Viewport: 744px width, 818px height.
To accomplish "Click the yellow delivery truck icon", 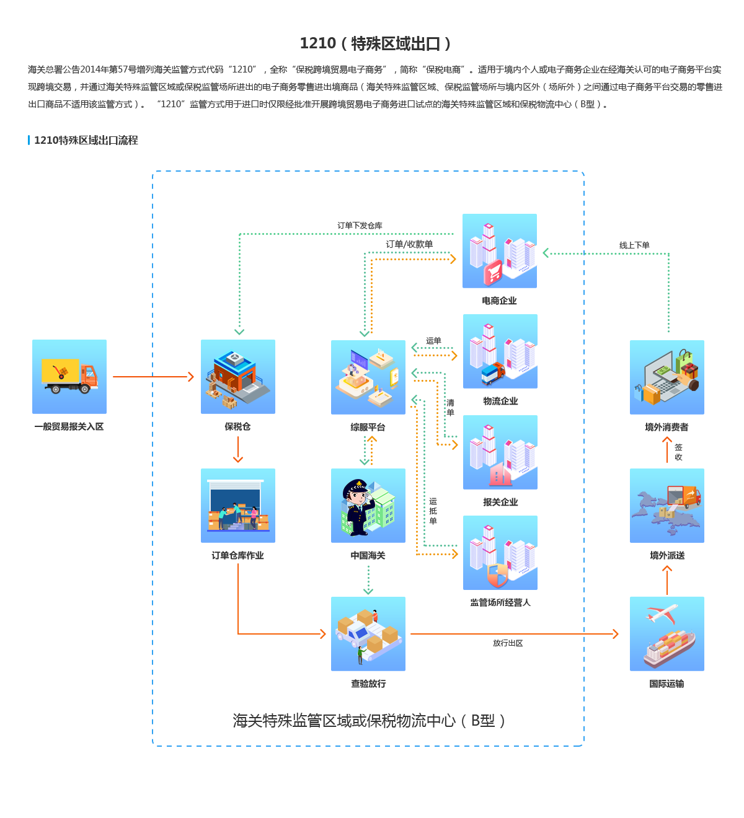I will point(69,376).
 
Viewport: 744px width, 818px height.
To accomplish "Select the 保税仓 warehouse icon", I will point(238,376).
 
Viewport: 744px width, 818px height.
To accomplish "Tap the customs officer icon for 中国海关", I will point(368,506).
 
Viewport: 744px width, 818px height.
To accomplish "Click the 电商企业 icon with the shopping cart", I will point(500,251).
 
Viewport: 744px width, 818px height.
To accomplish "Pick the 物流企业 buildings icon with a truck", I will point(500,351).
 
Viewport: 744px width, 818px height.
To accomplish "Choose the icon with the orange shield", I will point(500,553).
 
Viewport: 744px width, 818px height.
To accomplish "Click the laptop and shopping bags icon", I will point(667,377).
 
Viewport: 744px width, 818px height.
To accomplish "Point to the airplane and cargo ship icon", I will point(667,633).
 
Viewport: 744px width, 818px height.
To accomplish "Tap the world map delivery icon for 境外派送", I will point(667,506).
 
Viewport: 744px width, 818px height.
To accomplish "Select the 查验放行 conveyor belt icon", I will point(368,633).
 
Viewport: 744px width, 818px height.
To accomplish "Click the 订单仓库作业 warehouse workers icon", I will point(238,506).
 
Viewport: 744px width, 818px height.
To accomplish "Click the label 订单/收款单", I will point(409,244).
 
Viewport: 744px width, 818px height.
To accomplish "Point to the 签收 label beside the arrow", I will point(679,452).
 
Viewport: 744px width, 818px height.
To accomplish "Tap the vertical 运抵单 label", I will point(433,511).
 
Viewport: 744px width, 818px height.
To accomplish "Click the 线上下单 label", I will point(634,245).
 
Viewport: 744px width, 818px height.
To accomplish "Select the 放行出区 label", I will point(508,643).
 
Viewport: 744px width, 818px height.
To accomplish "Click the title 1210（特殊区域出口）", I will point(375,43).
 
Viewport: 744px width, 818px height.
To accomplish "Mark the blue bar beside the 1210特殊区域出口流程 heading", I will point(29,140).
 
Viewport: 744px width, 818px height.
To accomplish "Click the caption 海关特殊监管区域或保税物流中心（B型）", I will point(369,721).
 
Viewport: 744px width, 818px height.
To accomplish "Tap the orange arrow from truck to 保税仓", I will point(154,377).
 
